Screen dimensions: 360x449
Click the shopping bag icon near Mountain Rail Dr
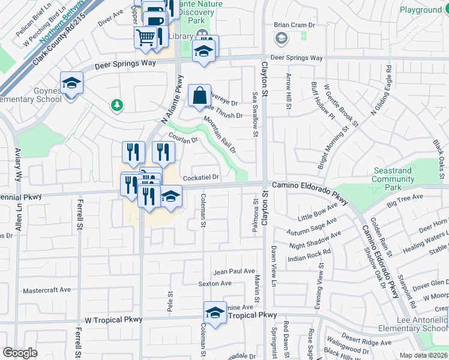199,95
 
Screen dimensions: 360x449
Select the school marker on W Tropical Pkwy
215,313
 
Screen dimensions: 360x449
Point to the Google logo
20,352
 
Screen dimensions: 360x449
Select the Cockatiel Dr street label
201,178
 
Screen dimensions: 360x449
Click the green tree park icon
117,106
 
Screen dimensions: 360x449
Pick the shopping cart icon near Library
146,37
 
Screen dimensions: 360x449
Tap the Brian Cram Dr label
294,25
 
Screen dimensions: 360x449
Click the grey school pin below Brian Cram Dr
280,39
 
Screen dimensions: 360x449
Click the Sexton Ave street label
215,284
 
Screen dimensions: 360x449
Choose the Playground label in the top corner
420,10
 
